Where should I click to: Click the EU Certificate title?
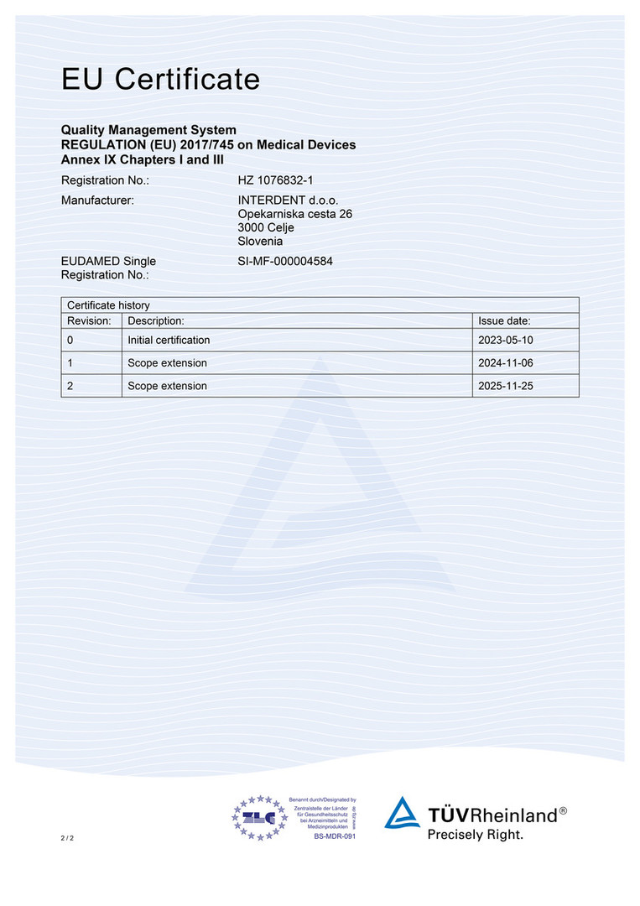click(160, 80)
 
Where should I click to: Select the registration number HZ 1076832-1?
click(275, 180)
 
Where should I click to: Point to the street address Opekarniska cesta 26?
click(294, 214)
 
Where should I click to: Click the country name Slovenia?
click(260, 242)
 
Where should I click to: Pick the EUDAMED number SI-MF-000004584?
click(285, 261)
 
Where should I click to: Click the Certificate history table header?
click(108, 305)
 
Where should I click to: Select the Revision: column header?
click(90, 320)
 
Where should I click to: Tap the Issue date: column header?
click(504, 320)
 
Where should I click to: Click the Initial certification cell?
click(169, 340)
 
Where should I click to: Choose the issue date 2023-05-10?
click(506, 340)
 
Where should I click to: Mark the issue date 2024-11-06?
click(506, 363)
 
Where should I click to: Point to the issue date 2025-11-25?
click(506, 386)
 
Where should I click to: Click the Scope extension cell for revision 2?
click(167, 386)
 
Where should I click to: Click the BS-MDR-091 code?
click(335, 836)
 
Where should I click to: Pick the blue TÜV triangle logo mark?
click(402, 814)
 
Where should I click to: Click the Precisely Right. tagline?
click(475, 835)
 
